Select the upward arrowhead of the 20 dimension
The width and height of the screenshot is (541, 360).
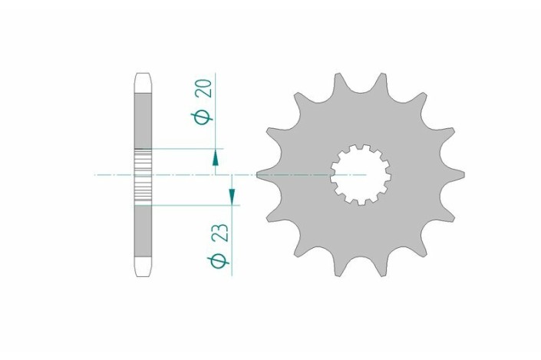(x=216, y=157)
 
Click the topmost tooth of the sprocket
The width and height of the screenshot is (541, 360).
(x=338, y=81)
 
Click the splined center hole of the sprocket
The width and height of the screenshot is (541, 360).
(x=361, y=175)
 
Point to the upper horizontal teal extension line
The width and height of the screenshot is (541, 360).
(x=184, y=147)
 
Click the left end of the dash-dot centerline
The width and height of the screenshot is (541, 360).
(x=97, y=176)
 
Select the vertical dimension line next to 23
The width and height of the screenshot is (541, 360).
(x=232, y=230)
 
